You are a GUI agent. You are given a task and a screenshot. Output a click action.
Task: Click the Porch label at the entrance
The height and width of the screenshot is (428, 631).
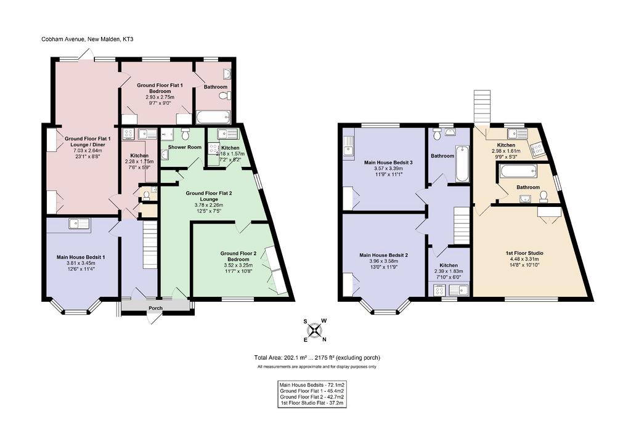point(156,308)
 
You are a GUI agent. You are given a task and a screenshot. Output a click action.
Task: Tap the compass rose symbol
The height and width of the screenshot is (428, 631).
point(315,330)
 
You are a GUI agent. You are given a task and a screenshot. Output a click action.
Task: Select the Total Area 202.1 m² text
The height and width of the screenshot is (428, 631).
point(280,357)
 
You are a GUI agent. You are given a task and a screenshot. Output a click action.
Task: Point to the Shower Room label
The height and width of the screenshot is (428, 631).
point(185,147)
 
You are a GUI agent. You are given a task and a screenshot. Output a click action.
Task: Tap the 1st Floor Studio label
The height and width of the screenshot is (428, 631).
point(524,253)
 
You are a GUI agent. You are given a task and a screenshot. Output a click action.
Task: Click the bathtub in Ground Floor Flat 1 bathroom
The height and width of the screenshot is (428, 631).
point(213,117)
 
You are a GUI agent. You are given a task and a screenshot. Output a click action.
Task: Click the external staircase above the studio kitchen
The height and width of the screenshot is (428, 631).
point(482,106)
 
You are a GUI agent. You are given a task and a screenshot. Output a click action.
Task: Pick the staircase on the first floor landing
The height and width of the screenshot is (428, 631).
point(462,225)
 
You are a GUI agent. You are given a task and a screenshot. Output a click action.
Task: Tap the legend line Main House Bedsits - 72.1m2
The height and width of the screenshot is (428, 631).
point(312,385)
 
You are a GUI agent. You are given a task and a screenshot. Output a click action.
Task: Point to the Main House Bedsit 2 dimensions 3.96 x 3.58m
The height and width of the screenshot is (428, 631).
point(384,260)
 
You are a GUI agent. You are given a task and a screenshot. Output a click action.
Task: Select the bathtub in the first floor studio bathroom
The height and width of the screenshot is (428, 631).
point(518,172)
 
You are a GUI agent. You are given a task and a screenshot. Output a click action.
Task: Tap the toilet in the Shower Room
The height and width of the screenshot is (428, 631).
point(185,132)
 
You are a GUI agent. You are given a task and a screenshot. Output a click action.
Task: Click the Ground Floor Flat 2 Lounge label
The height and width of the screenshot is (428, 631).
point(209,196)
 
